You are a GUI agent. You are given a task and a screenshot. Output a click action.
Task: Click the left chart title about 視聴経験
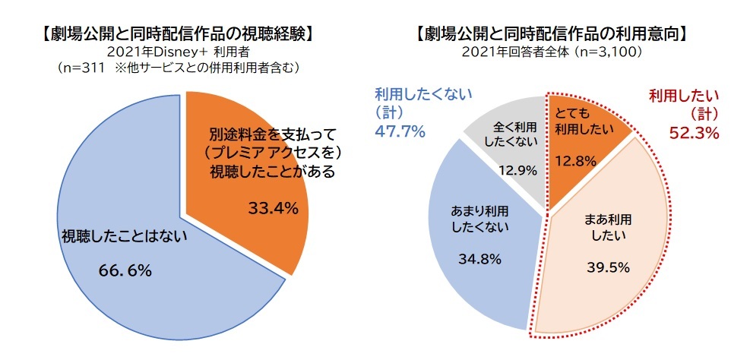pos(179,34)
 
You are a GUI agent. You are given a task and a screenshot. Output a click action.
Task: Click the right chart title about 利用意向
pos(552,34)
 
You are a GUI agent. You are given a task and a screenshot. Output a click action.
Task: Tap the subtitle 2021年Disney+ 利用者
pos(179,52)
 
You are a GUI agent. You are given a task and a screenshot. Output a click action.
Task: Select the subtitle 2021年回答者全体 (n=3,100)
pos(552,52)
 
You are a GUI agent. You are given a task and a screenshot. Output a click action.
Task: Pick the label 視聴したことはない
pos(125,238)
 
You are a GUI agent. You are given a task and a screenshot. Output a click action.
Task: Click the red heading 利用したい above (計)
pos(684,97)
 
